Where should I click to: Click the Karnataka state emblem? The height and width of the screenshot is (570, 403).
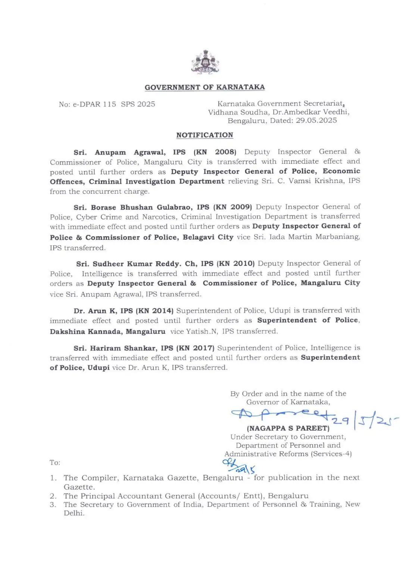204,63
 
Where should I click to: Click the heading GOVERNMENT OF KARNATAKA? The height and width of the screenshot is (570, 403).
204,87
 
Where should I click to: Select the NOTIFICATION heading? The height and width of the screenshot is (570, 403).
204,135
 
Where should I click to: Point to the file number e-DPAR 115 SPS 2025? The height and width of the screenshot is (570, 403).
107,104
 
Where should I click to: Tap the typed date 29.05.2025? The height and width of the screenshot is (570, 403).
316,121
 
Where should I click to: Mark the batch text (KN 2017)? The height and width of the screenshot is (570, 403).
196,348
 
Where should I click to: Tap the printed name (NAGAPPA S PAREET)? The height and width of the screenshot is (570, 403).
288,428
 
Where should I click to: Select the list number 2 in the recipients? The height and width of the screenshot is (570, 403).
53,496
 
